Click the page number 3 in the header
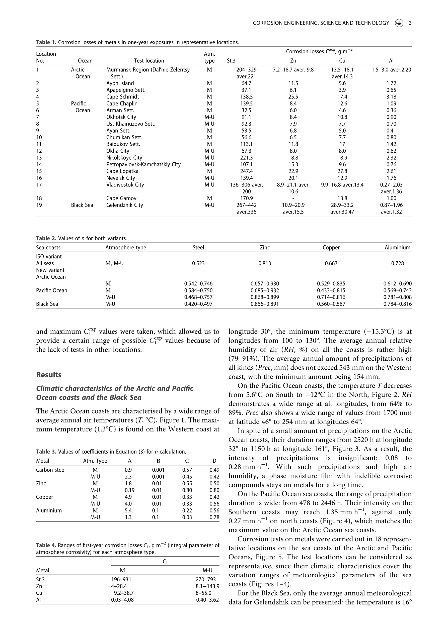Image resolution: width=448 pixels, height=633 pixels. [410, 23]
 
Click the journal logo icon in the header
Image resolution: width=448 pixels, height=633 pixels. [399, 23]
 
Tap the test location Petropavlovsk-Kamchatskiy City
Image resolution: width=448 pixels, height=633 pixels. [143, 164]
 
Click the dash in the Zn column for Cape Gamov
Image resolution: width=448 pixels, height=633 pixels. [293, 198]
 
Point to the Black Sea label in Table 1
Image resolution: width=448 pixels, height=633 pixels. [82, 205]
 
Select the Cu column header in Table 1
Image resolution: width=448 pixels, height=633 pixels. [342, 61]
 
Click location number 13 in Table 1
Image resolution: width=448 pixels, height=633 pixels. [39, 158]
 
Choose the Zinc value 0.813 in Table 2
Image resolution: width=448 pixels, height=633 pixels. [264, 263]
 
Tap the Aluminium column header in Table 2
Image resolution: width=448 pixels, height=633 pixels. [398, 248]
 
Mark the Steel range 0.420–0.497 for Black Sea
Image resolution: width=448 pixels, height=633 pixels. [198, 304]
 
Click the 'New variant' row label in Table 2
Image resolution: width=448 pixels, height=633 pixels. [50, 270]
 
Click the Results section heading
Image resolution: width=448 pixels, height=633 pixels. [49, 375]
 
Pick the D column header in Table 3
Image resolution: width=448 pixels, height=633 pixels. [214, 461]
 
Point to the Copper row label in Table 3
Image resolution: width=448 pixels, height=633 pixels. [44, 497]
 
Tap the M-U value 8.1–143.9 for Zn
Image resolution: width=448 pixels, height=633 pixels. [207, 586]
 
